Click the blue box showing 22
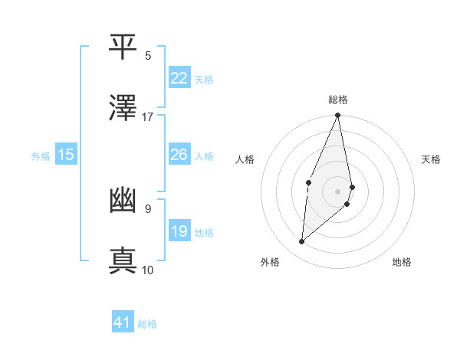pyautogui.click(x=179, y=78)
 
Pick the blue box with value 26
pyautogui.click(x=179, y=155)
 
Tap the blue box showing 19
pyautogui.click(x=179, y=231)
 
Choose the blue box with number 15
pyautogui.click(x=65, y=155)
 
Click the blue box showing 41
pyautogui.click(x=123, y=322)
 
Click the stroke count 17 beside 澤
pyautogui.click(x=148, y=117)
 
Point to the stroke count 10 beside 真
pyautogui.click(x=148, y=270)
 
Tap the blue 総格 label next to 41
pyautogui.click(x=147, y=324)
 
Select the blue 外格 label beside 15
pyautogui.click(x=41, y=156)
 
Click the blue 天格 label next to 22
pyautogui.click(x=204, y=80)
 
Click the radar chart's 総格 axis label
pyautogui.click(x=338, y=100)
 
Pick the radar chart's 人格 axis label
pyautogui.click(x=245, y=159)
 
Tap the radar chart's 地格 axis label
pyautogui.click(x=402, y=262)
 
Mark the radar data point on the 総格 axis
pyautogui.click(x=337, y=116)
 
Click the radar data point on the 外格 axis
pyautogui.click(x=302, y=242)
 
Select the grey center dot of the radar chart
pyautogui.click(x=337, y=191)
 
